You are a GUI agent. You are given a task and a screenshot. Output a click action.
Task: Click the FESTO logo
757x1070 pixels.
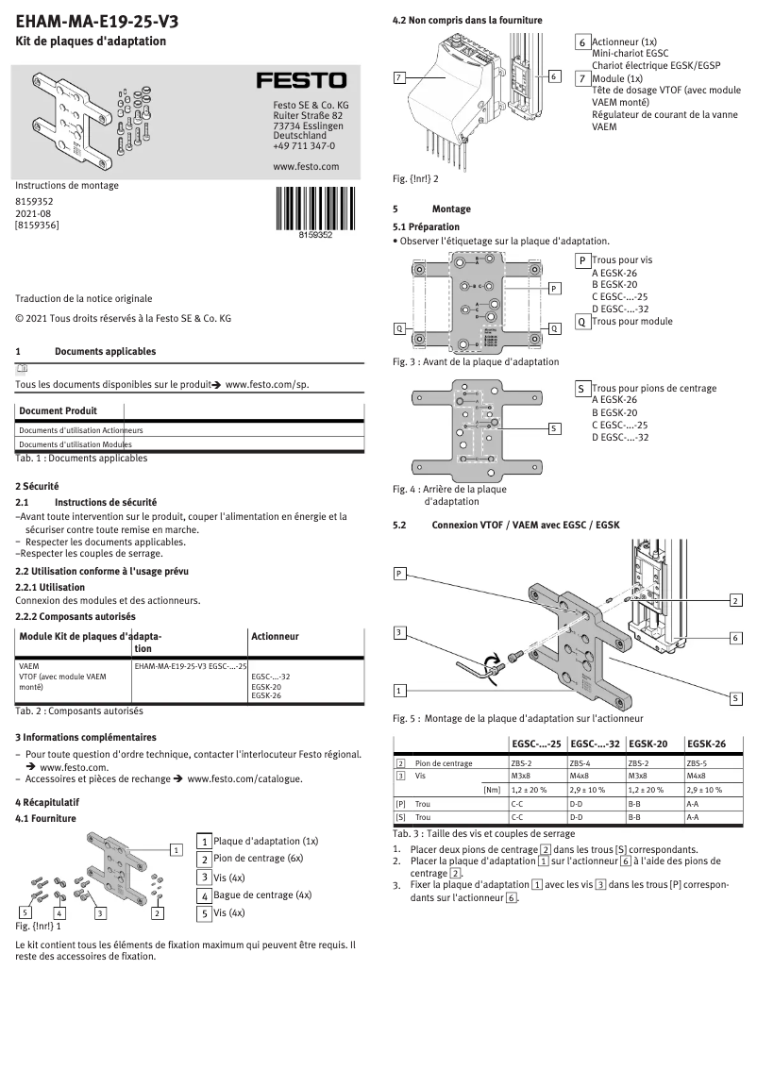(x=302, y=81)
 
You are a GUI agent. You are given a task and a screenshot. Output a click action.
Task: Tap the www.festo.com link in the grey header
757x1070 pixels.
(x=305, y=166)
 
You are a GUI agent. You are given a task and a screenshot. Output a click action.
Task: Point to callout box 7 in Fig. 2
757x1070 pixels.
(x=400, y=76)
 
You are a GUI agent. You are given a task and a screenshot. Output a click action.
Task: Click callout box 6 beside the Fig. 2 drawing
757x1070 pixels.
(x=555, y=75)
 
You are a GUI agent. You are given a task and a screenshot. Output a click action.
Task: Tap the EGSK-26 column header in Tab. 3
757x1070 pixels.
(x=706, y=744)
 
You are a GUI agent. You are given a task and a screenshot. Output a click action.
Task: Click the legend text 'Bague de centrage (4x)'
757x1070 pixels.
(x=261, y=894)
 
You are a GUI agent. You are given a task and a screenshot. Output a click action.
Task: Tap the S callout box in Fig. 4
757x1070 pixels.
(x=555, y=428)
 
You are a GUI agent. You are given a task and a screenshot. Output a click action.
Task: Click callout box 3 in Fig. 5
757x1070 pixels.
(x=400, y=632)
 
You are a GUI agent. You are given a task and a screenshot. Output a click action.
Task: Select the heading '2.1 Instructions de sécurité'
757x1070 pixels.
(x=106, y=503)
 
